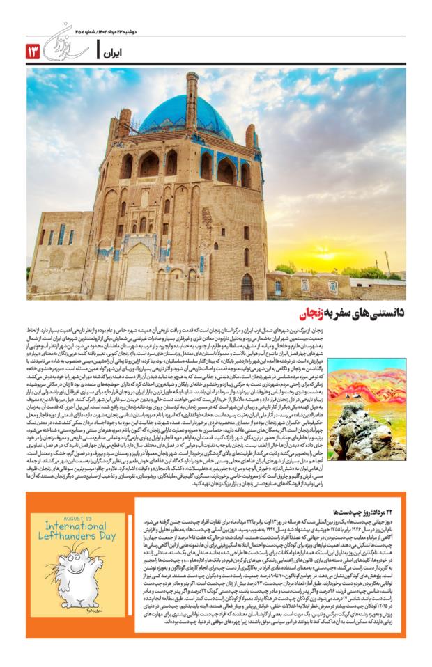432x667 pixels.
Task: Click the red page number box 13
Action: [x=33, y=51]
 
